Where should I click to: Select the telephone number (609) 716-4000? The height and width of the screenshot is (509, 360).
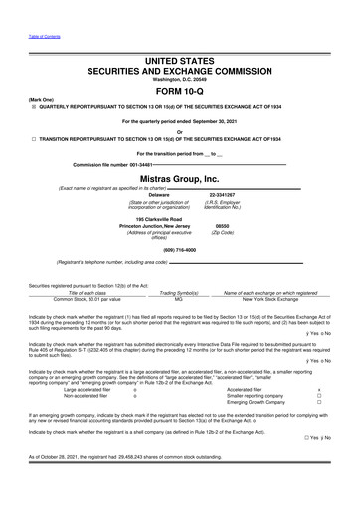[x=179, y=248]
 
